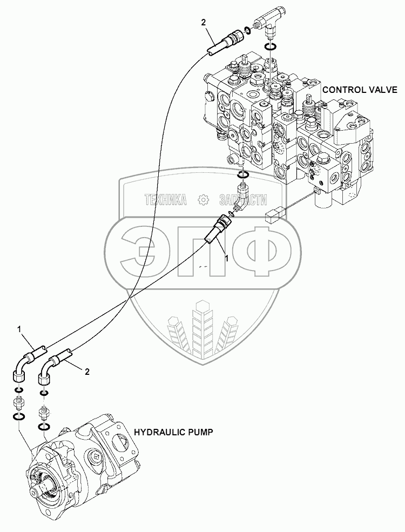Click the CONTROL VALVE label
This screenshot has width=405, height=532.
coord(360,90)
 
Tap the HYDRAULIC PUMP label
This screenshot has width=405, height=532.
coord(173,432)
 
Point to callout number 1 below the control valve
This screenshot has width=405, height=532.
coord(227,259)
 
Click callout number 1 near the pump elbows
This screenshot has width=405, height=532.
coord(19,328)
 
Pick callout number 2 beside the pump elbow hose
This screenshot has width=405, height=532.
coord(87,371)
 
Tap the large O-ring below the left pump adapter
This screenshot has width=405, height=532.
coord(18,416)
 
